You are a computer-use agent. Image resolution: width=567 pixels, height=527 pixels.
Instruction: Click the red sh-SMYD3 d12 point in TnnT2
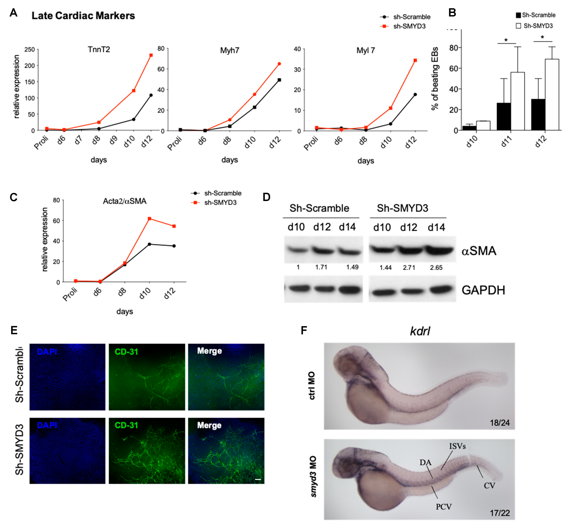[x=151, y=55]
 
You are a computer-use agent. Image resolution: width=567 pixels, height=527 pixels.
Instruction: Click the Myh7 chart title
[x=230, y=51]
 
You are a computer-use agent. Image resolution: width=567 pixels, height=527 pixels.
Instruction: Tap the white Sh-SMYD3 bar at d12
[x=552, y=94]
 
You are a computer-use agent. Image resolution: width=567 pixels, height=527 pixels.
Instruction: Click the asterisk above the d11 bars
[x=506, y=40]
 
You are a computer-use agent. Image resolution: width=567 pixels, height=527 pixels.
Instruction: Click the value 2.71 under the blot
[x=409, y=268]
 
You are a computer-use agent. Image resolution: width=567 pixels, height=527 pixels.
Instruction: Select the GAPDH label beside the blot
[x=483, y=290]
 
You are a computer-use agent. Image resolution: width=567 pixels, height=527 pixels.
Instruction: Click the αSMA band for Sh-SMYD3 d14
[x=439, y=250]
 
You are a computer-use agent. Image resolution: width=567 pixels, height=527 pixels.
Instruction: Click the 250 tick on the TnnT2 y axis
[x=29, y=50]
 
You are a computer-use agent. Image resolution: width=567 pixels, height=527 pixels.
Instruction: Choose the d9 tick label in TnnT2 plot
[x=114, y=140]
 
